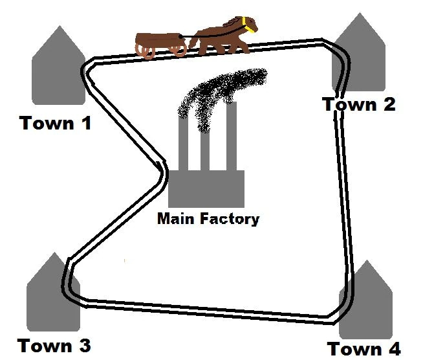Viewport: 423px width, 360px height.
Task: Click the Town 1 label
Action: tap(56, 122)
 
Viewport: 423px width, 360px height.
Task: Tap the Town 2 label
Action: tap(358, 104)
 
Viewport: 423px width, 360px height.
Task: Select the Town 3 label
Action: tap(54, 345)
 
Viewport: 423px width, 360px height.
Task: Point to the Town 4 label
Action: tap(363, 348)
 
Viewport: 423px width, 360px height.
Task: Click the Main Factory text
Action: tap(208, 219)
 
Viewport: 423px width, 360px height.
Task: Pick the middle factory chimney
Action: tap(205, 146)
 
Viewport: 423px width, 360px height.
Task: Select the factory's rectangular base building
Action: tap(206, 188)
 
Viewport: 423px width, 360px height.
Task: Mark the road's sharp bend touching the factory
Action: tap(163, 172)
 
